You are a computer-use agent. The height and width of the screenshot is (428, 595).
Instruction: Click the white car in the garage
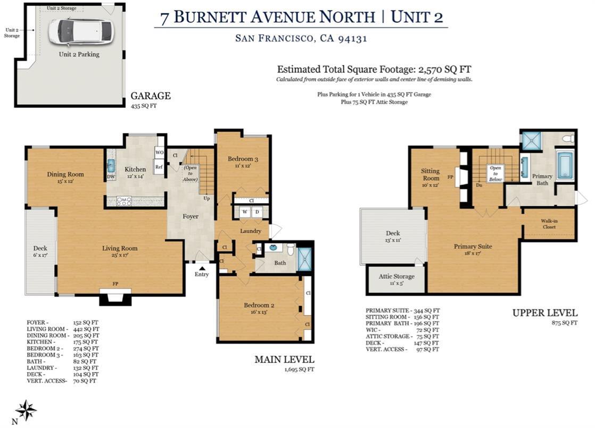point(81,32)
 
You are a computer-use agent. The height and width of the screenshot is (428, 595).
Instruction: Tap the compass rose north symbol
point(26,410)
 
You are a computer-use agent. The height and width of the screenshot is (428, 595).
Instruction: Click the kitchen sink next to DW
point(111,165)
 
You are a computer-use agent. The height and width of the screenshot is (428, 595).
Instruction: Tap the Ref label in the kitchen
point(159,166)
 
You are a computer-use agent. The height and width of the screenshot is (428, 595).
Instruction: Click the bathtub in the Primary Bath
point(565,165)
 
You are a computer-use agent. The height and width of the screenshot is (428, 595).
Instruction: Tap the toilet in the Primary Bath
point(568,139)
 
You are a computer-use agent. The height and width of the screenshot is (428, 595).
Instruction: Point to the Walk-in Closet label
point(549,224)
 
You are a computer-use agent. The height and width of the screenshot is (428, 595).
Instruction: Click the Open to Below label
point(495,173)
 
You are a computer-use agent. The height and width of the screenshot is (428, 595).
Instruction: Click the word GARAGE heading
point(151,96)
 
